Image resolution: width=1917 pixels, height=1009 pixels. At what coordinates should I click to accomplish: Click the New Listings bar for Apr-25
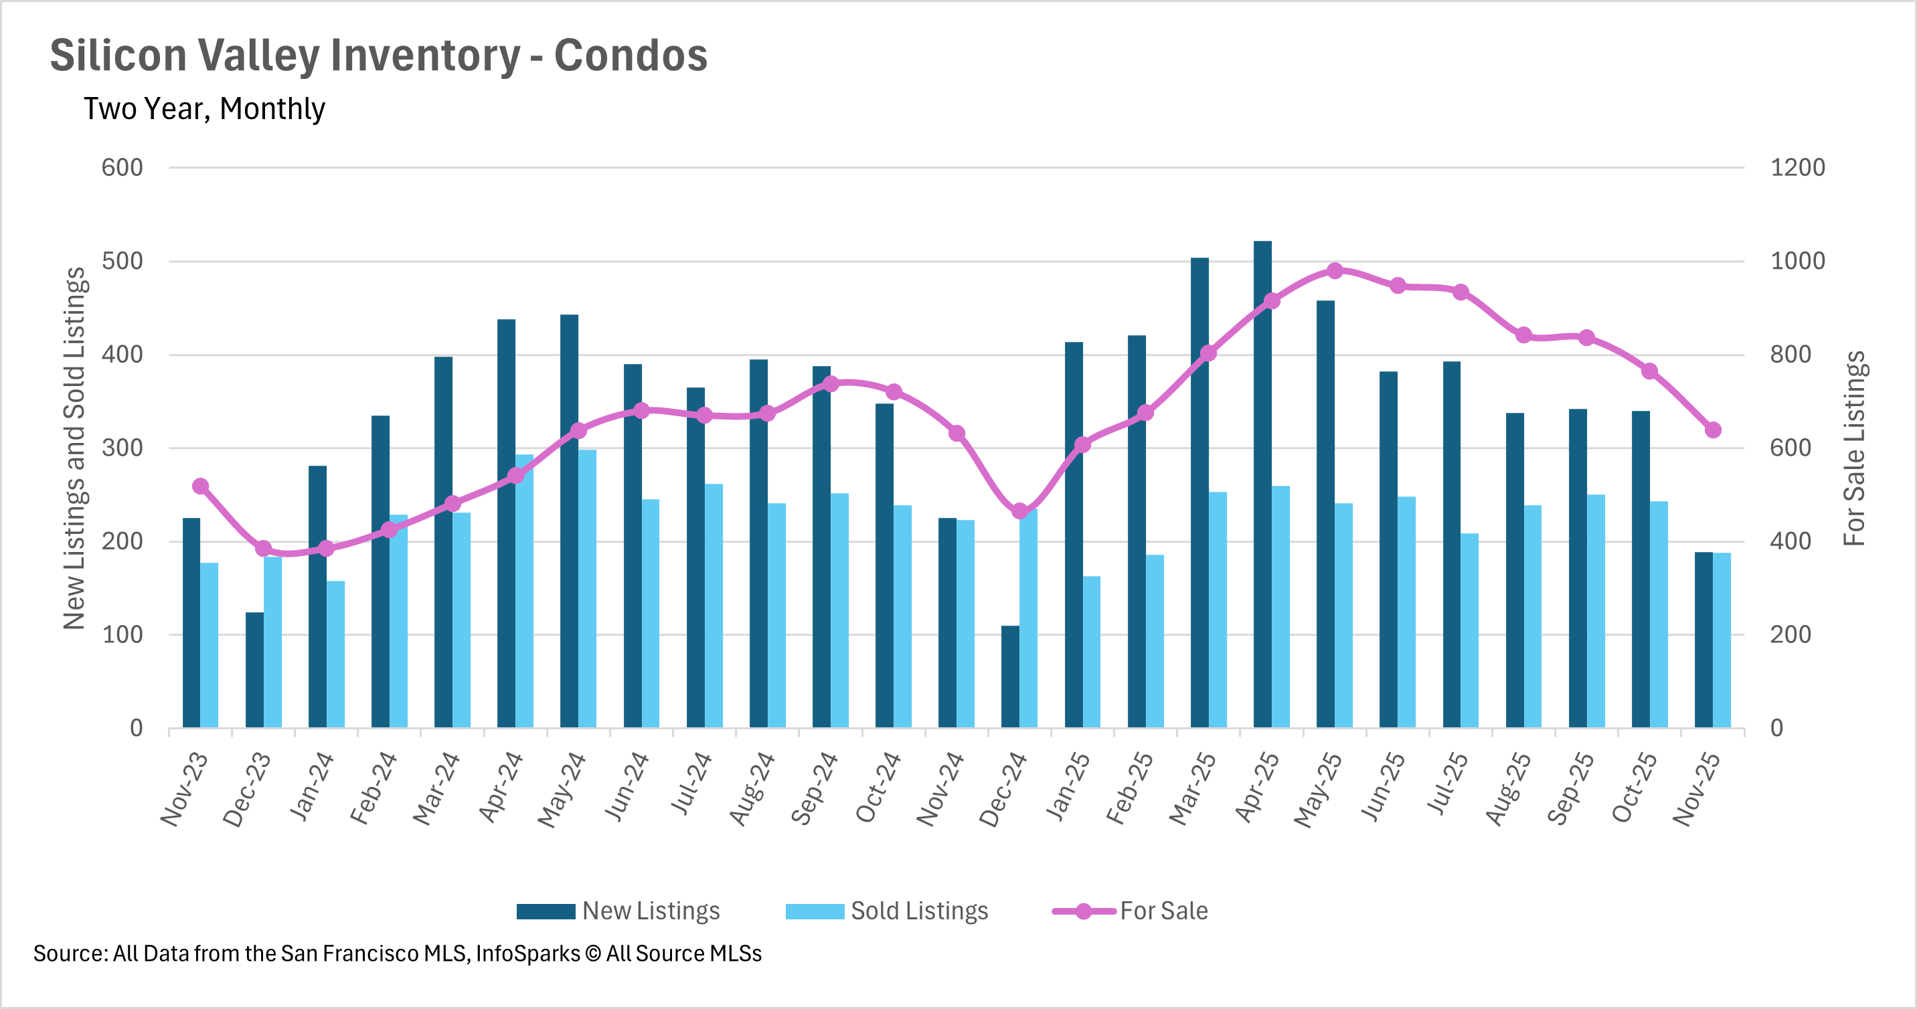pyautogui.click(x=1262, y=484)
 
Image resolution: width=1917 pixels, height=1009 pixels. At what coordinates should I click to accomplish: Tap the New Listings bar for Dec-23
pyautogui.click(x=254, y=670)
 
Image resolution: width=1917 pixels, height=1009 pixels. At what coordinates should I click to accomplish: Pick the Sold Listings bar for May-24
pyautogui.click(x=587, y=588)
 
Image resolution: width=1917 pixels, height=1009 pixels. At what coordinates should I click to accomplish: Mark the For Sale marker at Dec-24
pyautogui.click(x=1020, y=511)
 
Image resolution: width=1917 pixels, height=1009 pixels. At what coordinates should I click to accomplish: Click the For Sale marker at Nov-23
pyautogui.click(x=200, y=486)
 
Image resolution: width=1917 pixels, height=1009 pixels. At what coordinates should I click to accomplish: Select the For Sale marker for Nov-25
pyautogui.click(x=1713, y=430)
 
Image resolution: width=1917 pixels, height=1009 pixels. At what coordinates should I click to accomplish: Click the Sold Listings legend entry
pyautogui.click(x=887, y=911)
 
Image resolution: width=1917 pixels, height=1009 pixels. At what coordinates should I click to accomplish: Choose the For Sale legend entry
pyautogui.click(x=1131, y=911)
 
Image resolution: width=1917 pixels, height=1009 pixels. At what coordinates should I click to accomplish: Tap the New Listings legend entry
pyautogui.click(x=618, y=911)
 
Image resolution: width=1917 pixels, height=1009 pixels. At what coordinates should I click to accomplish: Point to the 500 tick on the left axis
pyautogui.click(x=122, y=261)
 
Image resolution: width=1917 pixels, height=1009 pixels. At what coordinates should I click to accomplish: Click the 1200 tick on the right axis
pyautogui.click(x=1797, y=167)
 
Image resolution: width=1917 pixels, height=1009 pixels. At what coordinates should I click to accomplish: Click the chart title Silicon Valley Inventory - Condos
pyautogui.click(x=379, y=55)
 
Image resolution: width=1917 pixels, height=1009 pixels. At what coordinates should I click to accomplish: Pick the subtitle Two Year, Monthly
pyautogui.click(x=204, y=108)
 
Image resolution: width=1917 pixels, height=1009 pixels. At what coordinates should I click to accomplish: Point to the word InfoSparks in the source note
pyautogui.click(x=527, y=954)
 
